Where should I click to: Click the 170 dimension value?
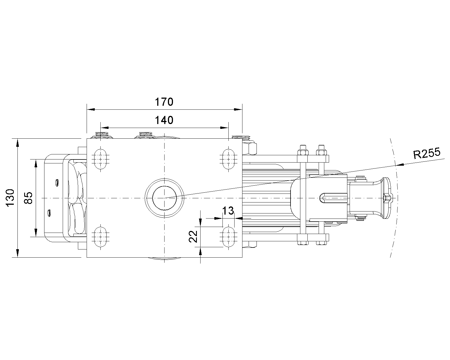click(164, 102)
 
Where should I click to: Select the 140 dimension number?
click(164, 120)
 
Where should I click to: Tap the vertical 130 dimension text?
click(10, 198)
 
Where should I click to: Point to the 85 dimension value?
click(28, 198)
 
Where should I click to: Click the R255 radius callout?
click(427, 153)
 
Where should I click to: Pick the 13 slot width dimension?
click(228, 211)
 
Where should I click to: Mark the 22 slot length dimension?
click(193, 237)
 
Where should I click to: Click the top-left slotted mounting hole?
click(101, 159)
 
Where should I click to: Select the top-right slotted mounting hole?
click(228, 159)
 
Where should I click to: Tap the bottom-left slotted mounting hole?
click(101, 237)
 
